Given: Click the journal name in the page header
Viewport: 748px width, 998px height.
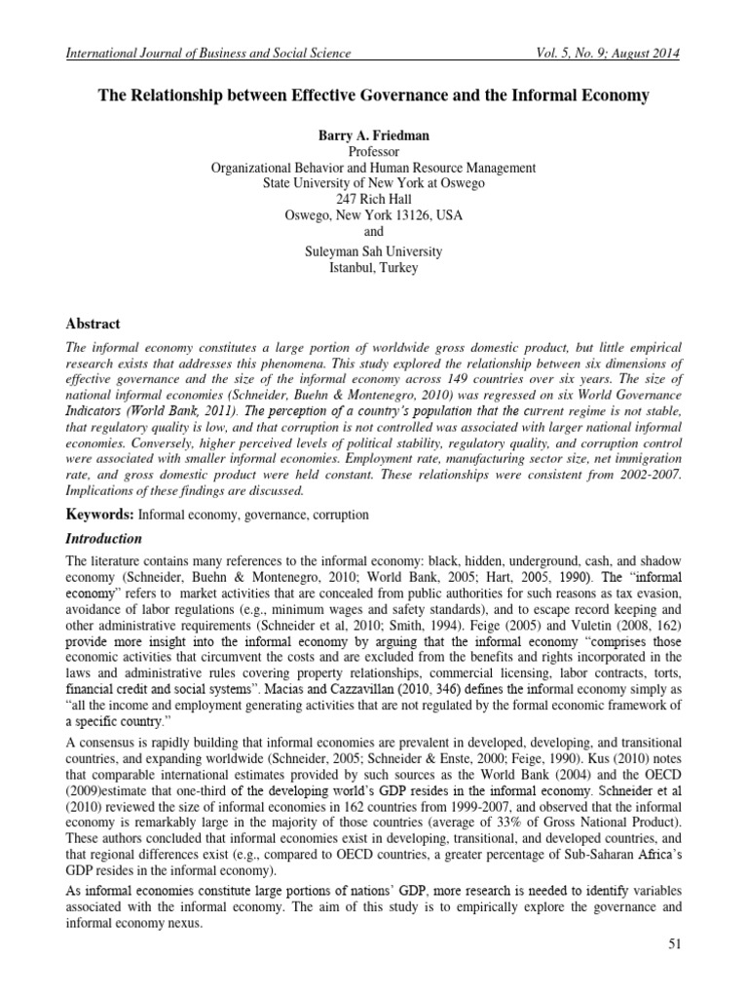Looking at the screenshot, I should [206, 54].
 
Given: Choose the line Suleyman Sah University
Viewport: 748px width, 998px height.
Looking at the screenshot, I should [374, 251].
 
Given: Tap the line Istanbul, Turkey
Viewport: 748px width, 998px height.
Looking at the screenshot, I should [374, 267].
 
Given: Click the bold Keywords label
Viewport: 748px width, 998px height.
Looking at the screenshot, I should [100, 512].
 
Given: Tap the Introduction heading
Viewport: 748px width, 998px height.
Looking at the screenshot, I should [103, 538].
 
